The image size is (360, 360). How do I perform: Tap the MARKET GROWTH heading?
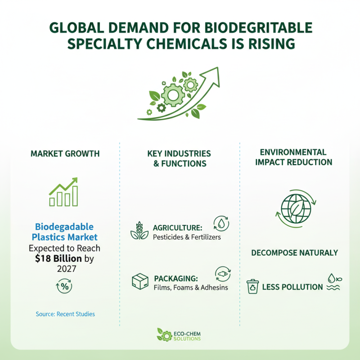pyautogui.click(x=65, y=154)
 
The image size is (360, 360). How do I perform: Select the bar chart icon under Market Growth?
pyautogui.click(x=63, y=192)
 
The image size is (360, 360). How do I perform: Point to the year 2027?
pyautogui.click(x=65, y=269)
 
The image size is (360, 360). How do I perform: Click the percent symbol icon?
pyautogui.click(x=65, y=286)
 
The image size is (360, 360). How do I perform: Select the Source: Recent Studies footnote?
pyautogui.click(x=65, y=314)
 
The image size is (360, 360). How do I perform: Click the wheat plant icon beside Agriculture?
pyautogui.click(x=139, y=230)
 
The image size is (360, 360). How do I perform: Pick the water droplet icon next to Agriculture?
pyautogui.click(x=221, y=223)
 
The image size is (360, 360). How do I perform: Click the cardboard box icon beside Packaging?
pyautogui.click(x=140, y=282)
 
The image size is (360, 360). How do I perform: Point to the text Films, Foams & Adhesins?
pyautogui.click(x=191, y=287)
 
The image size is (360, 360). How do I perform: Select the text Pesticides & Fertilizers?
pyautogui.click(x=187, y=237)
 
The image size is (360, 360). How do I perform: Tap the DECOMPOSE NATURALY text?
pyautogui.click(x=294, y=253)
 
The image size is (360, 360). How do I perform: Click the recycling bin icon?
pyautogui.click(x=253, y=287)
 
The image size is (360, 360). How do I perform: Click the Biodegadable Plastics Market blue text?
pyautogui.click(x=65, y=232)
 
